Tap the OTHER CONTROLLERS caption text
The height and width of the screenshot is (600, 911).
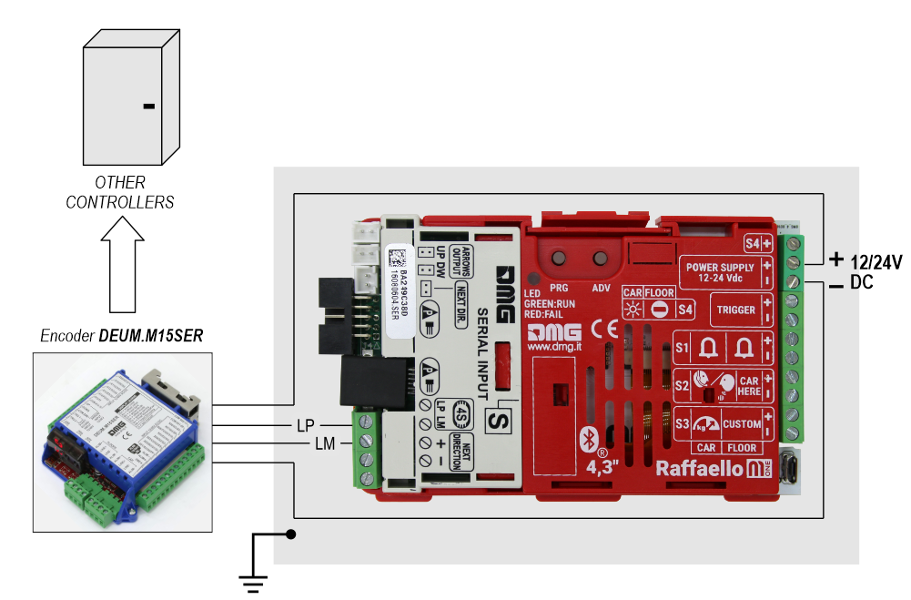[x=120, y=193]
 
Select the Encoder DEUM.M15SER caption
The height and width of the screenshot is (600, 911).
[x=121, y=335]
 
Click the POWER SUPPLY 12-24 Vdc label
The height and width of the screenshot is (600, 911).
[x=720, y=272]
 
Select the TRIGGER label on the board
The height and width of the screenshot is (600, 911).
[x=735, y=310]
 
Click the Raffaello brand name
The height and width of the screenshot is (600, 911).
[x=697, y=469]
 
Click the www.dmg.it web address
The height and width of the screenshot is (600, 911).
[x=555, y=347]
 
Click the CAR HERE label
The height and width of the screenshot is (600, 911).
[x=748, y=387]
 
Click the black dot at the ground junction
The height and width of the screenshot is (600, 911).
[x=291, y=534]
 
